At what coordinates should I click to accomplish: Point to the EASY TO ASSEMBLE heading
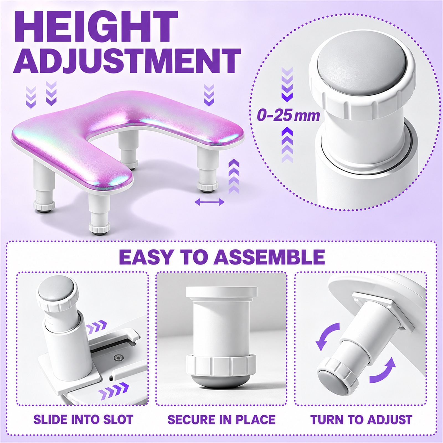point(221,257)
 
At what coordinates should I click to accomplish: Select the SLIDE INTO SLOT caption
point(83,420)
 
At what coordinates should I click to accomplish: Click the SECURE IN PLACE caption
point(221,420)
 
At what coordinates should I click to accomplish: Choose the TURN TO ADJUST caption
point(361,420)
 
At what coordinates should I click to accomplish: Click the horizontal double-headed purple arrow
point(210,202)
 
